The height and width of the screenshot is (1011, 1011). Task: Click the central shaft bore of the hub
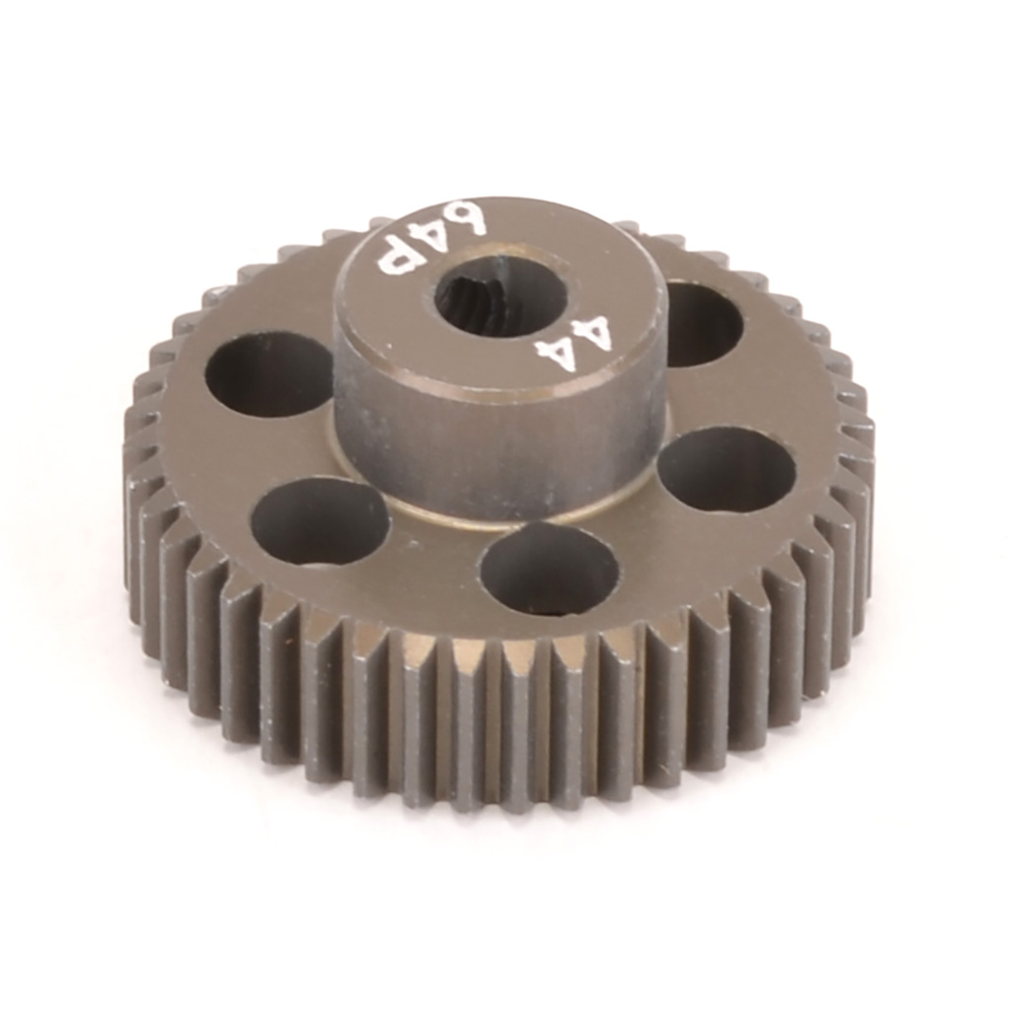click(x=501, y=296)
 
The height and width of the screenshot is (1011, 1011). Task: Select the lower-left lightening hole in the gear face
click(x=319, y=520)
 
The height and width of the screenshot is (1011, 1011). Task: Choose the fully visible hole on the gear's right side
click(x=727, y=469)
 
